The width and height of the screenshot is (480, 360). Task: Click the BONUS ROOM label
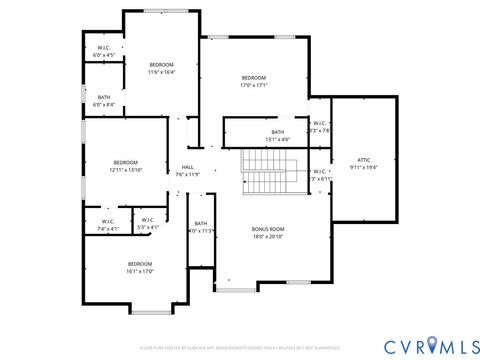pos(268,229)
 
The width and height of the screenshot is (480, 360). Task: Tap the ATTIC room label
pos(364,160)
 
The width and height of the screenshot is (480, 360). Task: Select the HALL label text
pos(188,167)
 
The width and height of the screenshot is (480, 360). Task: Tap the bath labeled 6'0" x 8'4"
pos(104,100)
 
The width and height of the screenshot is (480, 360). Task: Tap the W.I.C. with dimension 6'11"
pos(319,175)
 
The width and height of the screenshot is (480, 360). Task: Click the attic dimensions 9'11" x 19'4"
pos(364,167)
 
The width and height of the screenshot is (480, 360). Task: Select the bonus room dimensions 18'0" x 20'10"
pos(268,237)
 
